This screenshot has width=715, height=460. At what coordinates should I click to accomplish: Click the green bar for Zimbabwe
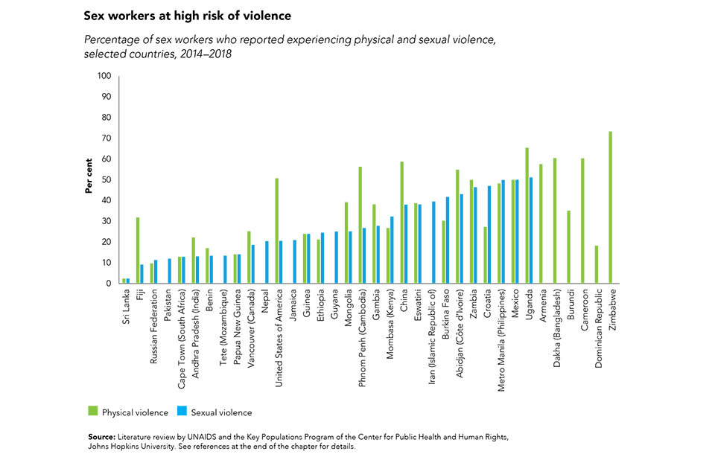(x=611, y=208)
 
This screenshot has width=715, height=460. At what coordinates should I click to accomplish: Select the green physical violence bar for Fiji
(x=138, y=250)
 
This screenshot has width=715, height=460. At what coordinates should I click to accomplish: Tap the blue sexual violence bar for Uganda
(x=530, y=230)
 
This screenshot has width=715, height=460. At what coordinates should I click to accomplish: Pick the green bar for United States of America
(x=276, y=231)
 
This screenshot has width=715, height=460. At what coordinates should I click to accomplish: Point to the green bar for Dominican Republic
(x=597, y=264)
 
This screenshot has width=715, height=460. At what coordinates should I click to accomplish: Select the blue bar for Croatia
(x=489, y=234)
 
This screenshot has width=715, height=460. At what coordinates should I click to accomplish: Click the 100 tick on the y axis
(x=104, y=76)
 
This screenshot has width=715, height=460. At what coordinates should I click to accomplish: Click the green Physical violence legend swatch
(x=93, y=412)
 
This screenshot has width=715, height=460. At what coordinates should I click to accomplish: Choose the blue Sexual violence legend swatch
(x=182, y=412)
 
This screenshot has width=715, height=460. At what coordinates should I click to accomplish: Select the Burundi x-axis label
(x=571, y=305)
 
